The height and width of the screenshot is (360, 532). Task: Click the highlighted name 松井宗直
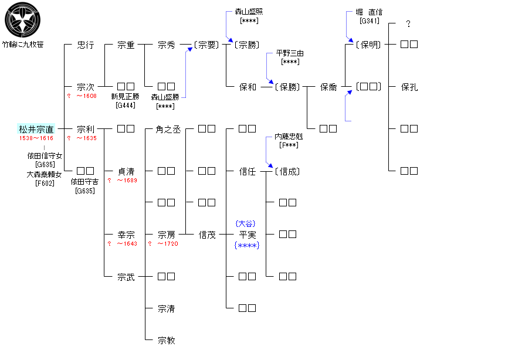pos(36,129)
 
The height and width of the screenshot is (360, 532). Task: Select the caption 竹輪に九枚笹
pos(22,45)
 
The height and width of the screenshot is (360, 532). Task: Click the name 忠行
pos(86,45)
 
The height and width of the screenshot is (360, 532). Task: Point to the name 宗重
pos(126,45)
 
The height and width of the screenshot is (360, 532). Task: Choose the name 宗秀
pos(167,45)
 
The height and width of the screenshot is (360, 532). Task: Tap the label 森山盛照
pos(249,12)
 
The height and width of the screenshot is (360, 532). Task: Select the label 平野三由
pos(290,53)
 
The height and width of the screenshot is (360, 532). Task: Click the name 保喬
pos(328,87)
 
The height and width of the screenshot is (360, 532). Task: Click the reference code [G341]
pos(370,21)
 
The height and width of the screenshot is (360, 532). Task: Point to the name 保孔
pos(409,87)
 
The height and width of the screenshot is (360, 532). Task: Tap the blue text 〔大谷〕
pos(247,224)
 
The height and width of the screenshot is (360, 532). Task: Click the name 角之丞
pos(168,129)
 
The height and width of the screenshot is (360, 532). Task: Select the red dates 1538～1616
pos(36,138)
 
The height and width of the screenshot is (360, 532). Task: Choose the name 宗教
pos(167,340)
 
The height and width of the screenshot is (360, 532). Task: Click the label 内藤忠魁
pos(290,137)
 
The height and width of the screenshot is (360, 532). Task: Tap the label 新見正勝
pos(125,96)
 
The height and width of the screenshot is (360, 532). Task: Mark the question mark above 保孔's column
pos(408,24)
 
